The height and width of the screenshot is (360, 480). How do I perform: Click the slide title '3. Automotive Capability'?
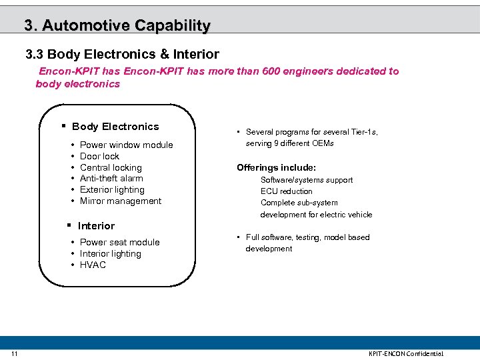click(117, 25)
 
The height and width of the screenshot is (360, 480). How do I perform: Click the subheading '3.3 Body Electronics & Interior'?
click(122, 53)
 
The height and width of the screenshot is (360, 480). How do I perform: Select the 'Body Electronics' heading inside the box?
click(115, 127)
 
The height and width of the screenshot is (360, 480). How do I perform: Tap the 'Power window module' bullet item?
click(126, 145)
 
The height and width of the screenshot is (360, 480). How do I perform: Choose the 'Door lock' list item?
click(99, 156)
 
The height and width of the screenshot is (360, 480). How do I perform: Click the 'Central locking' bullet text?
click(111, 167)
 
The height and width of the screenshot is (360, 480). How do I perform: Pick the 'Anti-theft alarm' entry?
click(111, 179)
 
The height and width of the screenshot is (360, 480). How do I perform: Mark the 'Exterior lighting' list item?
click(112, 190)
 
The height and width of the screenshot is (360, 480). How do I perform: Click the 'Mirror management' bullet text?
click(121, 201)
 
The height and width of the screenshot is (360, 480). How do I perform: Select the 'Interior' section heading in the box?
click(96, 226)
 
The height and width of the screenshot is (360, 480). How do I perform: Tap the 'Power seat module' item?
click(119, 243)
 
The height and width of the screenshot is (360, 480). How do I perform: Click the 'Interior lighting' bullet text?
click(110, 254)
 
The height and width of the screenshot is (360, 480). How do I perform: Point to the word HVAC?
click(93, 265)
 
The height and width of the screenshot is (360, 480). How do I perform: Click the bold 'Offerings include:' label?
click(276, 168)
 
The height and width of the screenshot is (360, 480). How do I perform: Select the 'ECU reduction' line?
click(286, 191)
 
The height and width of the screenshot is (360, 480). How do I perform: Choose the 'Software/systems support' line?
click(307, 180)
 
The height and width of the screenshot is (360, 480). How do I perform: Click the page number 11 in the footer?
click(15, 353)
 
